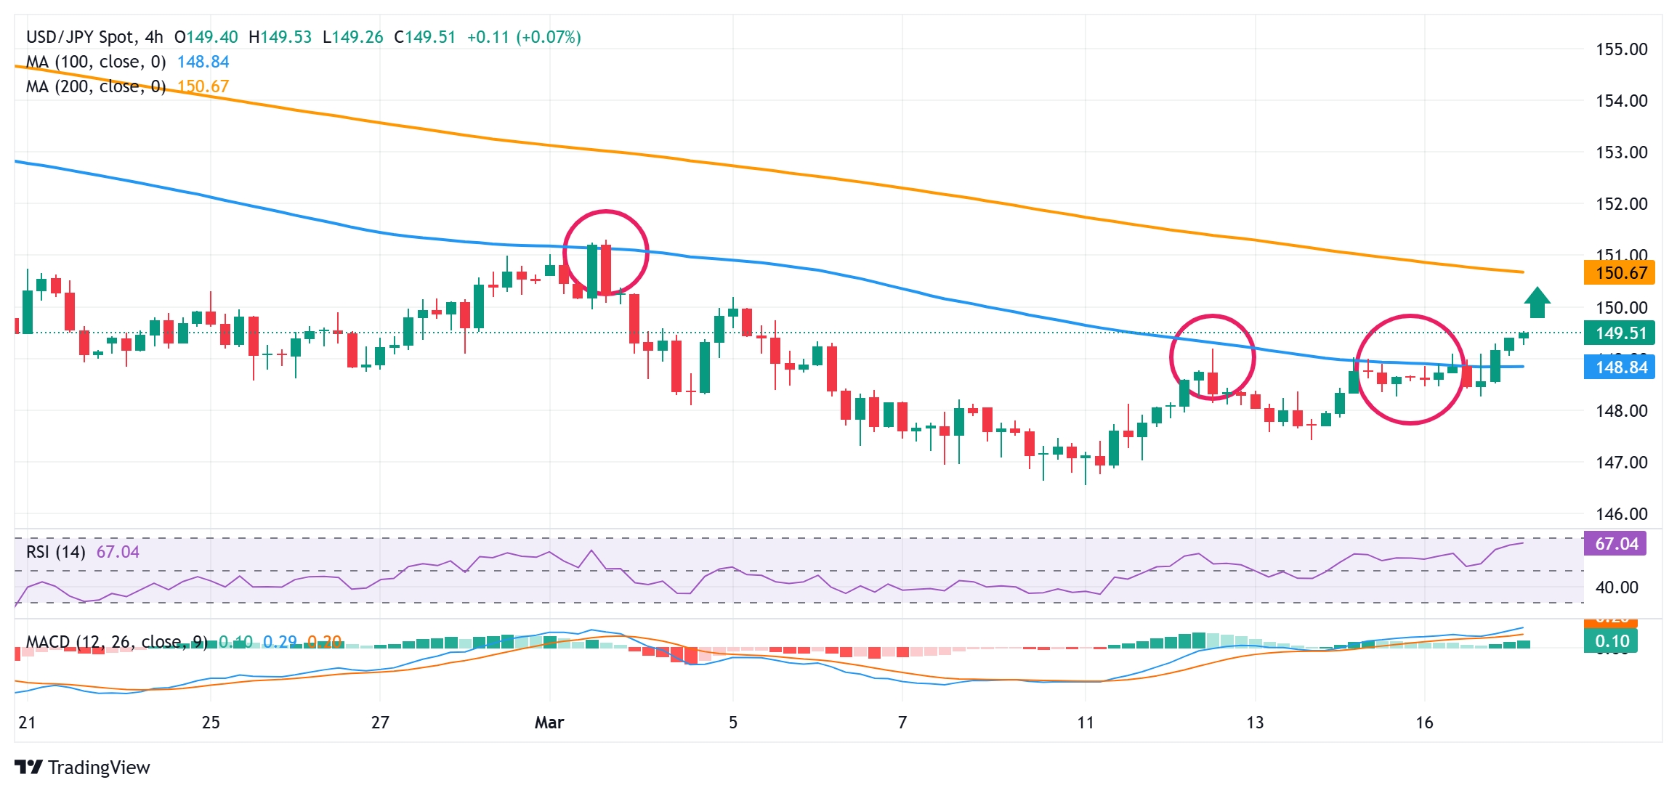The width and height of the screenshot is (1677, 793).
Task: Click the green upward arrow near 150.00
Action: (x=1537, y=303)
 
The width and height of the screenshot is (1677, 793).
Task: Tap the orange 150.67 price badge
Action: (x=1619, y=273)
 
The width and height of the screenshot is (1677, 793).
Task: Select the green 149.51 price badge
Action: (x=1619, y=333)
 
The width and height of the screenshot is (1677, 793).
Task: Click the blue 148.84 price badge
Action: (x=1619, y=367)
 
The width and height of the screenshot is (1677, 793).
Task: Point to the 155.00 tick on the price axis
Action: (x=1621, y=49)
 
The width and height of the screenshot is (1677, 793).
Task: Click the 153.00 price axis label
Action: (x=1621, y=152)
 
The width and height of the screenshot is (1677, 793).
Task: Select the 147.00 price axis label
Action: (x=1621, y=463)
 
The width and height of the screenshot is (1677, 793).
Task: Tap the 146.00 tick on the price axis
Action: (x=1621, y=514)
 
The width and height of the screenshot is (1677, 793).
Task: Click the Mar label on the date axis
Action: (x=549, y=723)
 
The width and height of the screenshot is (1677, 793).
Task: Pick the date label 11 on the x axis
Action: (x=1085, y=723)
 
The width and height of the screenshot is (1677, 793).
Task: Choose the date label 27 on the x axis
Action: (x=380, y=723)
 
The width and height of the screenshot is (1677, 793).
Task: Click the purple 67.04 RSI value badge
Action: (x=1616, y=544)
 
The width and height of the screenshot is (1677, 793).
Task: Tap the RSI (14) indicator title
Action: (x=56, y=552)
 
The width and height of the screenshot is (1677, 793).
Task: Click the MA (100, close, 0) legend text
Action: (x=96, y=62)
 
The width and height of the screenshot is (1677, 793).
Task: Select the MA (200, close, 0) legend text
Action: (x=96, y=87)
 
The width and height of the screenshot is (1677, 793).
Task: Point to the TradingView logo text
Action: (x=99, y=768)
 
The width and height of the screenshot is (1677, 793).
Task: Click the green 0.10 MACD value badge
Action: (x=1612, y=641)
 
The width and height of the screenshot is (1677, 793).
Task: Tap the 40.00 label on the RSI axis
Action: (x=1616, y=587)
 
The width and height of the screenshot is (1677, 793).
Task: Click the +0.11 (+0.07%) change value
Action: (x=523, y=37)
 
